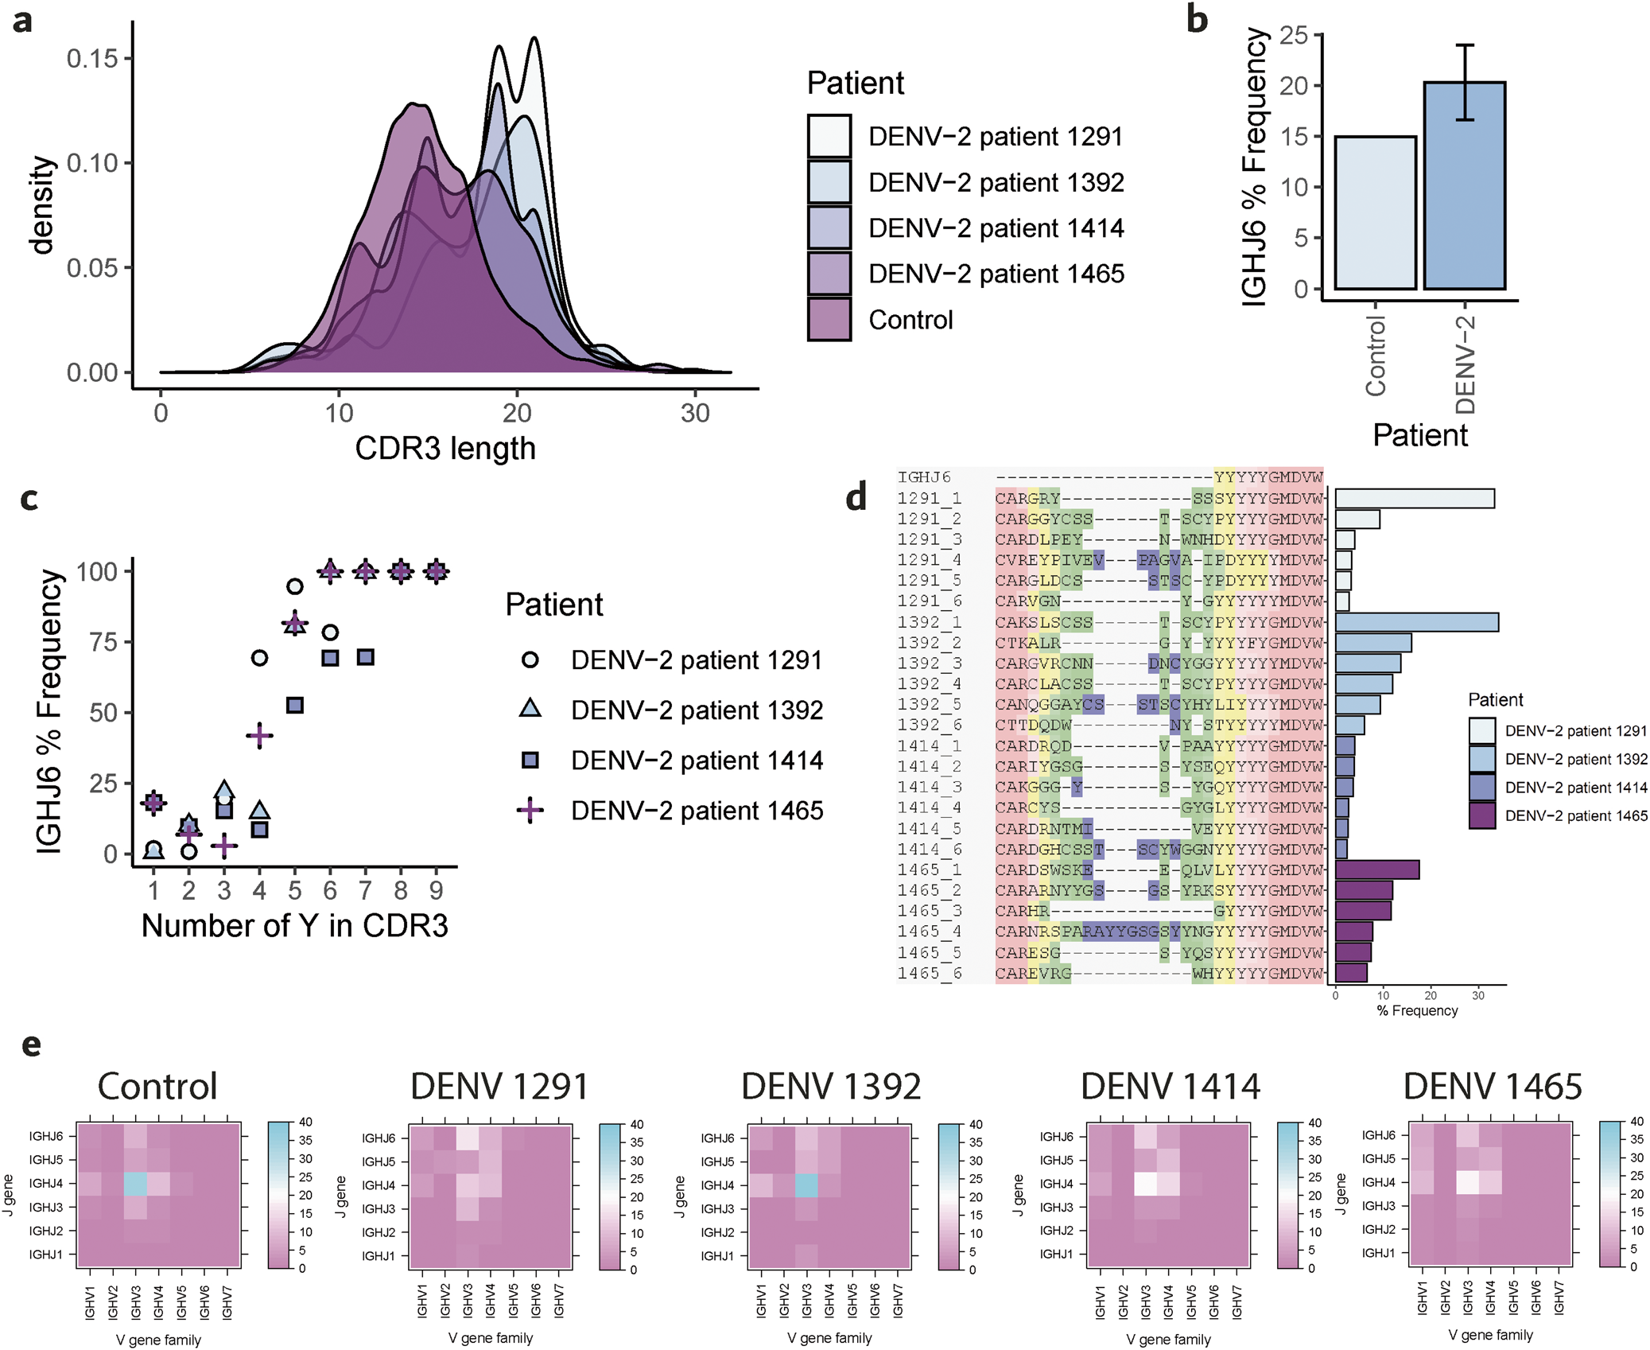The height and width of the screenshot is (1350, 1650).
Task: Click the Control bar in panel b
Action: pyautogui.click(x=1375, y=212)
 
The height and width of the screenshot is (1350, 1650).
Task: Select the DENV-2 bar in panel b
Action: pyautogui.click(x=1464, y=185)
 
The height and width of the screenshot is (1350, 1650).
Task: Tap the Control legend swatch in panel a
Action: pyautogui.click(x=829, y=320)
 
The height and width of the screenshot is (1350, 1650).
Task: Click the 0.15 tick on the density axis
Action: pyautogui.click(x=92, y=59)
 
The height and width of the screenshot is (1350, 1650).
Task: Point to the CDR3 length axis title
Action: pyautogui.click(x=445, y=449)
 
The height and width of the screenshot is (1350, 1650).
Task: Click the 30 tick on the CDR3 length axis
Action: pyautogui.click(x=694, y=413)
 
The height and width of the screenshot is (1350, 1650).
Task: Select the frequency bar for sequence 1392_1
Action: pyautogui.click(x=1416, y=622)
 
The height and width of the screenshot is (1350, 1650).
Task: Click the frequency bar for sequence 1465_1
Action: pyautogui.click(x=1376, y=870)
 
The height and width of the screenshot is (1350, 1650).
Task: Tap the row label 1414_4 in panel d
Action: pyautogui.click(x=929, y=807)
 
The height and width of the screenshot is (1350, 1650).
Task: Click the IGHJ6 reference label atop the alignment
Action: pyautogui.click(x=924, y=477)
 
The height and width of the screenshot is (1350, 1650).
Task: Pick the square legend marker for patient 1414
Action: pyautogui.click(x=530, y=761)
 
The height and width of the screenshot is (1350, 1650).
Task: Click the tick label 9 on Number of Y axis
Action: pyautogui.click(x=436, y=890)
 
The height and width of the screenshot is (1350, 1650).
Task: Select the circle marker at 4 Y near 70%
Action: pyautogui.click(x=259, y=658)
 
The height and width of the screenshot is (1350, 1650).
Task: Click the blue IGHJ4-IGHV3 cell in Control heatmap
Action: pyautogui.click(x=135, y=1184)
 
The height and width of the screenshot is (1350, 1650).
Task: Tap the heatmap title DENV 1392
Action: pyautogui.click(x=830, y=1087)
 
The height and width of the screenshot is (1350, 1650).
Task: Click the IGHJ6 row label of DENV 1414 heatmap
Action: pyautogui.click(x=1056, y=1137)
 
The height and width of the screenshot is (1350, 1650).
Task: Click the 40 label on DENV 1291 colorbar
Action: pyautogui.click(x=636, y=1125)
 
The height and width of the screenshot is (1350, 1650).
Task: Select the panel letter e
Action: pyautogui.click(x=31, y=1045)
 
